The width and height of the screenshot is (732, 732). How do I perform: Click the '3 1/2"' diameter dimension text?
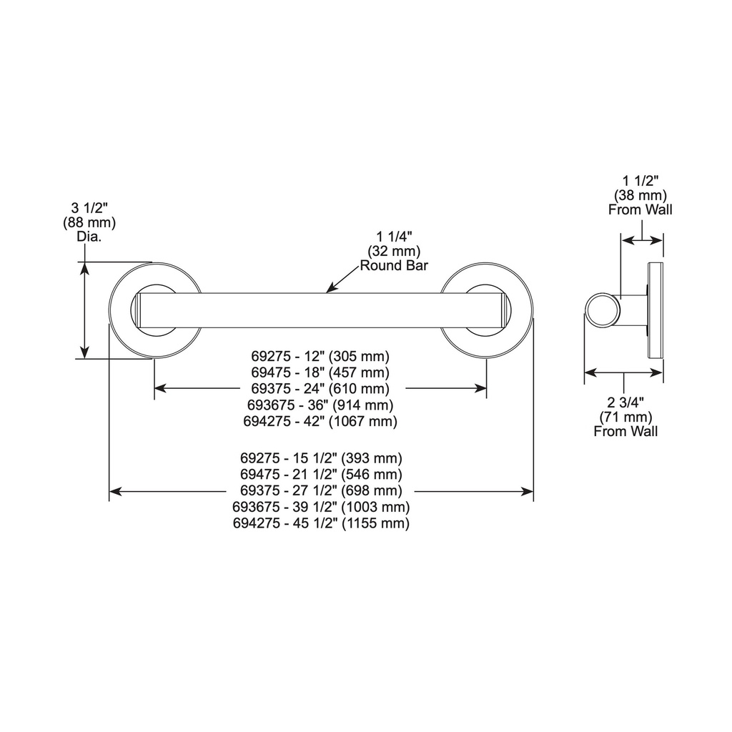point(89,208)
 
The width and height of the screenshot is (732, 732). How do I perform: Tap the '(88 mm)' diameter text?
point(89,222)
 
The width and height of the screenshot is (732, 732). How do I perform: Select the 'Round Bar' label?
point(394,266)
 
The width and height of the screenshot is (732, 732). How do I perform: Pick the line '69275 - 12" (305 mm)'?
point(320,356)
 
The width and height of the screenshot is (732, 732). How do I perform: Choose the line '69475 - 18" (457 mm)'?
point(320,372)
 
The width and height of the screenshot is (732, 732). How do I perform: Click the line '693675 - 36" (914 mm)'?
point(320,405)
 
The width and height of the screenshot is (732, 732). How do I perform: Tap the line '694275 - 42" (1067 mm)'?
point(320,421)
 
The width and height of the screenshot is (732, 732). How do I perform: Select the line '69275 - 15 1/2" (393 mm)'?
point(321,458)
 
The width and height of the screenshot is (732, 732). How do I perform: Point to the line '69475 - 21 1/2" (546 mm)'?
point(321,475)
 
